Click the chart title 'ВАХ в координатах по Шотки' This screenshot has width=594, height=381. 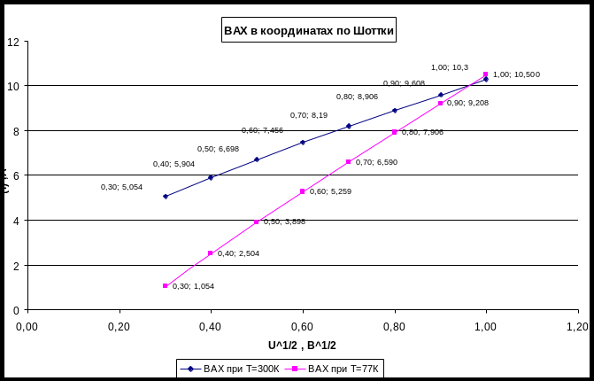[308, 32]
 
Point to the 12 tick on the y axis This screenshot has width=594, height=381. [12, 41]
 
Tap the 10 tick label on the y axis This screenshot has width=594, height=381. [12, 86]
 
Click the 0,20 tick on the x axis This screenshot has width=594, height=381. [119, 325]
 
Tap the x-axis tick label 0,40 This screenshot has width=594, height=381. [211, 325]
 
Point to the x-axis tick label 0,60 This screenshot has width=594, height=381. [303, 325]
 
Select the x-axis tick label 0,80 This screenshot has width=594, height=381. [394, 325]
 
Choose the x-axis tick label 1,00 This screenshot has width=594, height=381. [486, 325]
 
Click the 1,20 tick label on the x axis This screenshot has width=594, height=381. [577, 325]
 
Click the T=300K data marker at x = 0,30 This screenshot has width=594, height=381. [166, 196]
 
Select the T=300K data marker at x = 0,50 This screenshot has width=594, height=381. [257, 159]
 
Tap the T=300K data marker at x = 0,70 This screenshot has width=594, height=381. [349, 126]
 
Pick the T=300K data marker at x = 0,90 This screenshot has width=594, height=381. [441, 94]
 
